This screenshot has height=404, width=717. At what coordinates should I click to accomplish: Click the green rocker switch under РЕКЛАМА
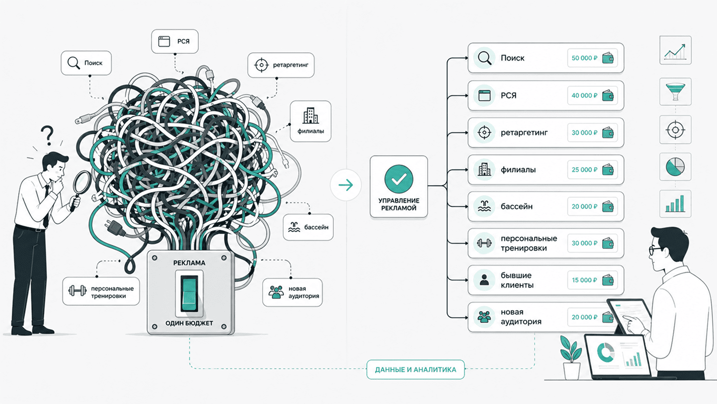190,293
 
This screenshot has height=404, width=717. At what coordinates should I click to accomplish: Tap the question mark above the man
48,135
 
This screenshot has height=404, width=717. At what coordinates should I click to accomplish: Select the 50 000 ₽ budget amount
584,58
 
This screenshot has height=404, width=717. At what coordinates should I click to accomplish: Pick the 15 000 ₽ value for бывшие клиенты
584,280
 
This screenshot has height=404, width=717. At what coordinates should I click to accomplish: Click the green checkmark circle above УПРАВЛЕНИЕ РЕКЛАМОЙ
399,179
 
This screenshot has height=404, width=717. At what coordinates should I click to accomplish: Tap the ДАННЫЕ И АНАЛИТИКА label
415,370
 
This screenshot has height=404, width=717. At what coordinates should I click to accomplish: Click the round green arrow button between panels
346,185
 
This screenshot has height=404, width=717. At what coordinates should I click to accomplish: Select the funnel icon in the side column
675,92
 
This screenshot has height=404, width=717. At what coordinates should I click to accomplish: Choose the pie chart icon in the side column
675,166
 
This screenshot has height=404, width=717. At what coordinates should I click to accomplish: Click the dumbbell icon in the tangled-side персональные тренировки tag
77,291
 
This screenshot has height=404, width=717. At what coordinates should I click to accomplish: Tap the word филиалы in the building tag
310,131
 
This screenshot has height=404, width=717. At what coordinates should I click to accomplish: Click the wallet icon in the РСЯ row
607,95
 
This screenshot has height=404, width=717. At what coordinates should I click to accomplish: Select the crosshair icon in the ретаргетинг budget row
484,132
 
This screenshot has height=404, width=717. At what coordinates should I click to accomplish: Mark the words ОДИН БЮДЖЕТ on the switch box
189,323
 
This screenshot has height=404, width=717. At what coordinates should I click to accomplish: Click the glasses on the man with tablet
655,250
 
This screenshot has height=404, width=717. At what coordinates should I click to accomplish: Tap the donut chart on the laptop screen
605,353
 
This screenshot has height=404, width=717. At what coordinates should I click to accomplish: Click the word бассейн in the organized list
517,207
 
